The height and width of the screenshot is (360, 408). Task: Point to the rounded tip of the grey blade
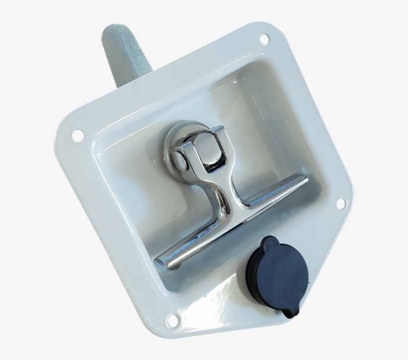click(114, 31)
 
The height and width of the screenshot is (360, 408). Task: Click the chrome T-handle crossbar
click(234, 220)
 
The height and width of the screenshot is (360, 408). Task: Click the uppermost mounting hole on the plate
click(264, 38)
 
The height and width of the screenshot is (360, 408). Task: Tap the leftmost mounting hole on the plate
click(78, 134)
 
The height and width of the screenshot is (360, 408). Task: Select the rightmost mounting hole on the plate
click(341, 203)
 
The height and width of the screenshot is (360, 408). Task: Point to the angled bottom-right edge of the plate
click(328, 279)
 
